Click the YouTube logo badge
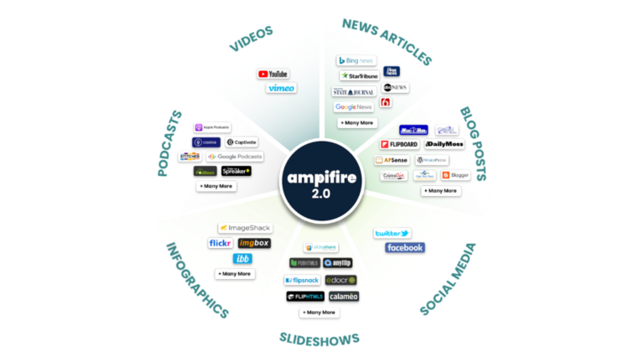click(x=273, y=74)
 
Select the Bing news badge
click(x=354, y=60)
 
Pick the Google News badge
click(x=354, y=107)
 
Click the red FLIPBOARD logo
click(x=398, y=144)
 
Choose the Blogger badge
click(x=456, y=175)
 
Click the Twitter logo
click(x=392, y=233)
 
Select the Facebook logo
click(x=405, y=248)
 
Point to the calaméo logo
click(x=342, y=297)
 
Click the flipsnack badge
click(x=302, y=280)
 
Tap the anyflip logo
click(x=341, y=262)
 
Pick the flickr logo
click(x=220, y=243)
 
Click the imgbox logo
click(x=254, y=243)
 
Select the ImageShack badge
click(x=244, y=227)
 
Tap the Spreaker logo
click(x=237, y=171)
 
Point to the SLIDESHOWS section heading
click(x=319, y=338)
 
